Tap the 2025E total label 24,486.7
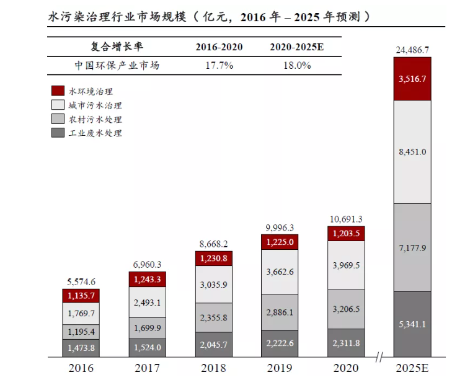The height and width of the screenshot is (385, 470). [412, 50]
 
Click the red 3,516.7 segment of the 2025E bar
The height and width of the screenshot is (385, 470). [412, 79]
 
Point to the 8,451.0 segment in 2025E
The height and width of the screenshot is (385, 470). [412, 152]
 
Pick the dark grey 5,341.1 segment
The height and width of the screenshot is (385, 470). [412, 323]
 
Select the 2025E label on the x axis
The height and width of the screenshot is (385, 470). [412, 368]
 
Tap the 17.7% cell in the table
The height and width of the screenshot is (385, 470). [219, 65]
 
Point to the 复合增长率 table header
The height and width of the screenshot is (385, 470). [117, 47]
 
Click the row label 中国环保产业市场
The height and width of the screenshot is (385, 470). [117, 65]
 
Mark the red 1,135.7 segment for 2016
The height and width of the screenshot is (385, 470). [81, 296]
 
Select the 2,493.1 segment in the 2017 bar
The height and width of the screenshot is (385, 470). [147, 302]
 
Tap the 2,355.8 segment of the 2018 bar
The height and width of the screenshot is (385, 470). [213, 317]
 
